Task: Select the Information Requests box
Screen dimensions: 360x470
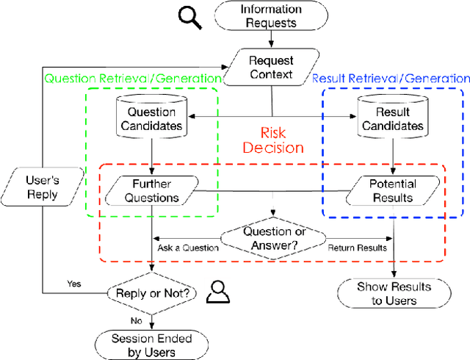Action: [272, 17]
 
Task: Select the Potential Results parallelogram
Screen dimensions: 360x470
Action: [391, 191]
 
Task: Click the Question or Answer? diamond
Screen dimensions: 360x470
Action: [272, 239]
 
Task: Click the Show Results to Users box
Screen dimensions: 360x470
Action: [393, 292]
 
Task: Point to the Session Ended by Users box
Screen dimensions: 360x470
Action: [151, 344]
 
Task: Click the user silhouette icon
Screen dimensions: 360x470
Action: [217, 292]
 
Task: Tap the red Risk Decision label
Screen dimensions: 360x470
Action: [272, 140]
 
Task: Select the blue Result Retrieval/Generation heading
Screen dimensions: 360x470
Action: [391, 78]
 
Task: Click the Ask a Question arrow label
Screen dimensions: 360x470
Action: [189, 248]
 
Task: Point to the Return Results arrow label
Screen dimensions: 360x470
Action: [357, 248]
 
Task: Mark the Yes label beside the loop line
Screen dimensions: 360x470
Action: [74, 283]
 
